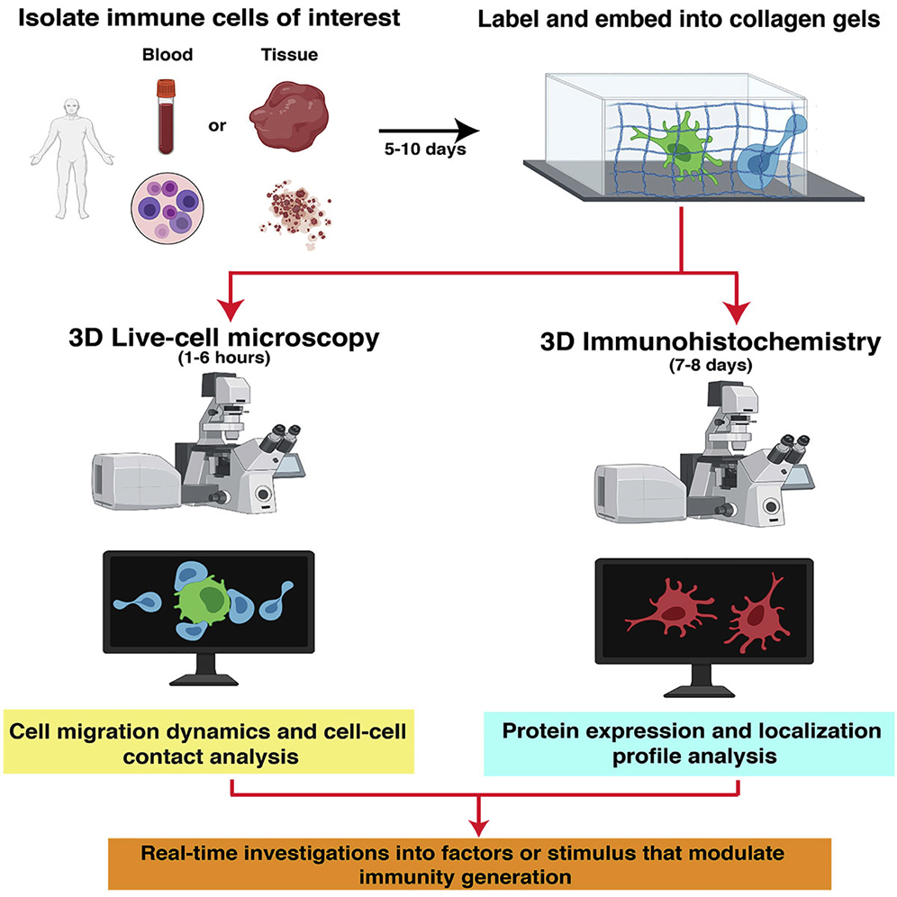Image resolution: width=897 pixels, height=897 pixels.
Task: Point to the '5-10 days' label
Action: tap(422, 149)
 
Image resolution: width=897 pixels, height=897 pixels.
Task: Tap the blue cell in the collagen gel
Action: tap(764, 163)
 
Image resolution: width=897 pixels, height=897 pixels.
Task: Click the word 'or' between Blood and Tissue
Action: tap(217, 124)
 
